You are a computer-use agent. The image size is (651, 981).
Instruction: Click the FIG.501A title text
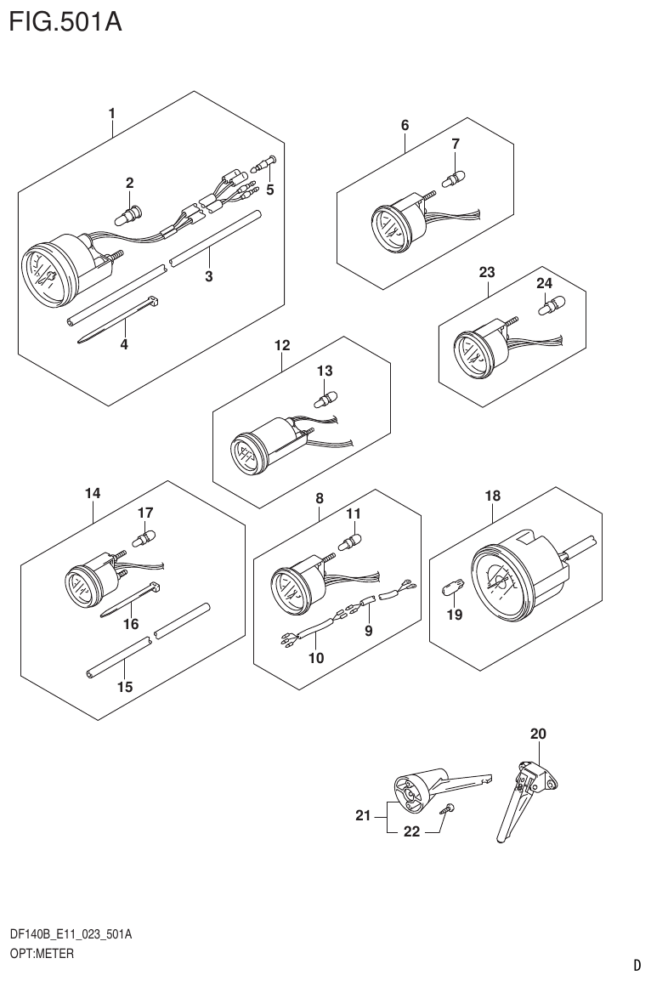(x=65, y=20)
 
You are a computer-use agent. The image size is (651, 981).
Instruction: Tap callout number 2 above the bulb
(x=129, y=182)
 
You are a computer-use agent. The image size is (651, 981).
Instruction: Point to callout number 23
(x=486, y=272)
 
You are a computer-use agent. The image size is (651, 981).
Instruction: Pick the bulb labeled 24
(x=553, y=302)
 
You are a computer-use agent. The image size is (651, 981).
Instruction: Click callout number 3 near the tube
(x=208, y=276)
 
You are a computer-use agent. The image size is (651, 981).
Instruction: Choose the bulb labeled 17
(x=145, y=537)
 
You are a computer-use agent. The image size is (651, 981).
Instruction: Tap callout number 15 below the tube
(x=125, y=687)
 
